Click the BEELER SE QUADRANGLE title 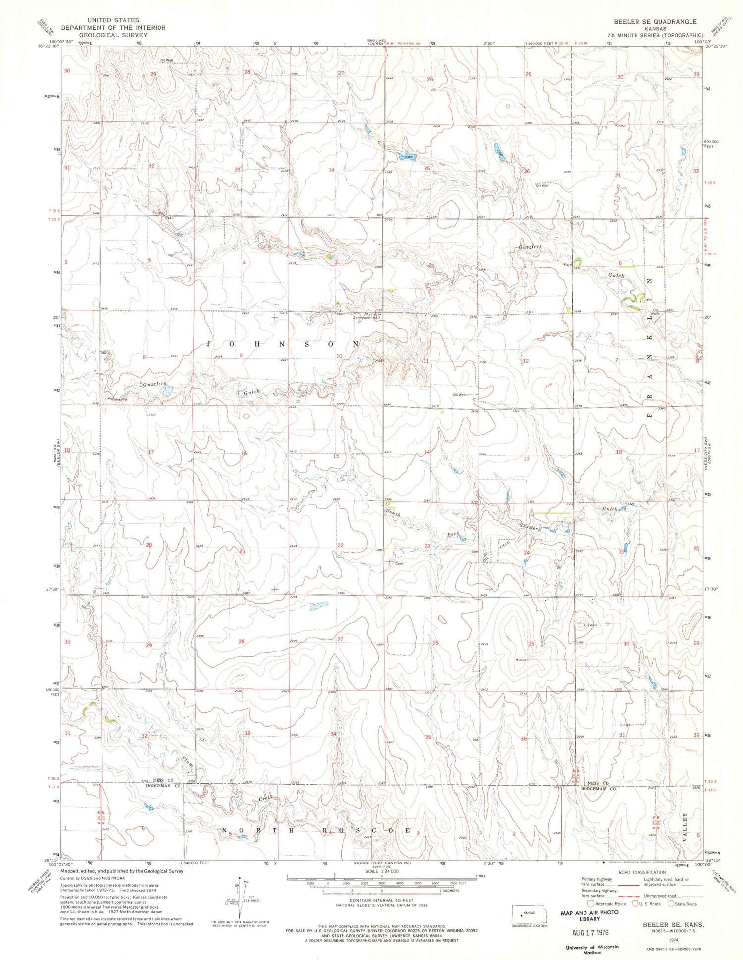tap(655, 22)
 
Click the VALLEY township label tap(686, 824)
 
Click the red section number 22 tap(340, 545)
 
